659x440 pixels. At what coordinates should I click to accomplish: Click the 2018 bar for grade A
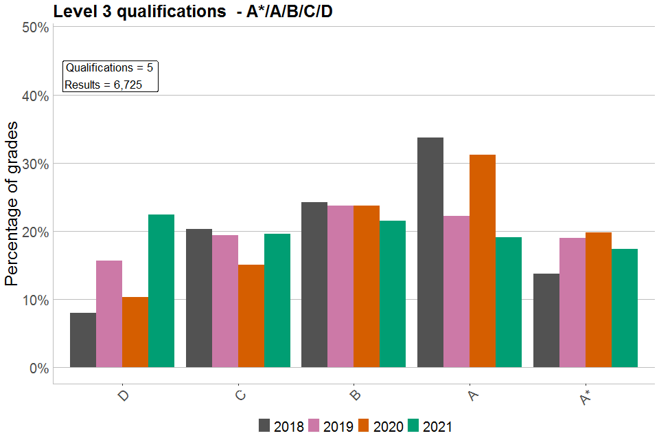tap(430, 252)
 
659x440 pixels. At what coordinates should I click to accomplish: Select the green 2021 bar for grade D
tap(161, 291)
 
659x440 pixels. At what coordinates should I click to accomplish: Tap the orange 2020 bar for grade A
tap(482, 261)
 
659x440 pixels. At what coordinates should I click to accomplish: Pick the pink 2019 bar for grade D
tap(109, 313)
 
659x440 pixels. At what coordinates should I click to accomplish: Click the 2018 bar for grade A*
tap(546, 320)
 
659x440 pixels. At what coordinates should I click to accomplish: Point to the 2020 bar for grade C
tap(251, 316)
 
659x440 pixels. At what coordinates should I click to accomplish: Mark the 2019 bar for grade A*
tap(573, 302)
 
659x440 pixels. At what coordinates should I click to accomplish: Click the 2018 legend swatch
tap(265, 426)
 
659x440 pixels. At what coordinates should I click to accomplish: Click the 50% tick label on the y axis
tap(34, 27)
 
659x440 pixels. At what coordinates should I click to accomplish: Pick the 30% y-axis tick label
tap(34, 164)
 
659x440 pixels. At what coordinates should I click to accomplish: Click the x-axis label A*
tap(584, 397)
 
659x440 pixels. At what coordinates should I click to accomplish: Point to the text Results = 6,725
tap(103, 85)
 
